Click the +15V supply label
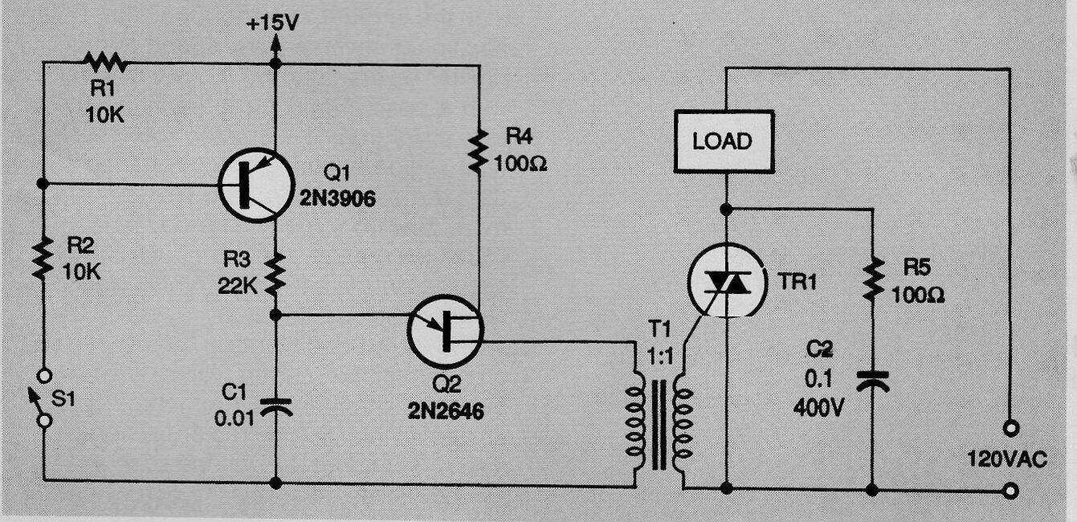272,23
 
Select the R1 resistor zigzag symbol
105,62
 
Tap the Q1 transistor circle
255,185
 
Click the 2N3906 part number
337,198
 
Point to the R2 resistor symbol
43,257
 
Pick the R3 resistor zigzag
275,275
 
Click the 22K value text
237,287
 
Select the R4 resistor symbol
479,150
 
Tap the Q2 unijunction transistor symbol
445,332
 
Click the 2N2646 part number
446,411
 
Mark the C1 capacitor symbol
276,406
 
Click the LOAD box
724,141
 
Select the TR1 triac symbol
726,281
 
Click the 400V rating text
818,408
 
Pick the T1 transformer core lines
659,425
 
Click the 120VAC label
1007,459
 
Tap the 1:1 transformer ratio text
660,357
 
